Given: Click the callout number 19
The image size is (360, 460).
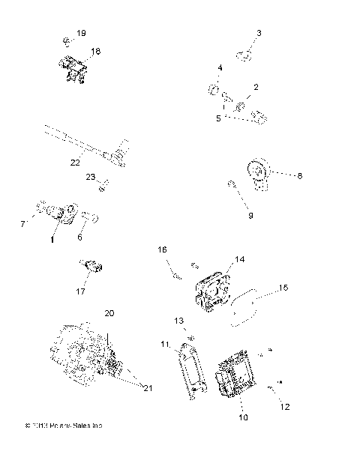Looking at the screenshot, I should (81, 34).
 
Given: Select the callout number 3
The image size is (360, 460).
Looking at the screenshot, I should (259, 34).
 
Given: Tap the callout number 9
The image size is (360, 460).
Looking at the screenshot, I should (250, 215).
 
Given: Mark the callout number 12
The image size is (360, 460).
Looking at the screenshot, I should (284, 408).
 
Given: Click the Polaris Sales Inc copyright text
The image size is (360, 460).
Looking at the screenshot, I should (64, 426).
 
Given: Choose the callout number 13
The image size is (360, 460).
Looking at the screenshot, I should (179, 320).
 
